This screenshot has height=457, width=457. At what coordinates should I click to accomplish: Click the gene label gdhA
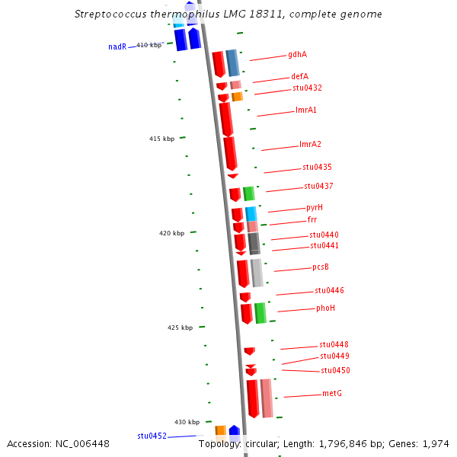(297, 55)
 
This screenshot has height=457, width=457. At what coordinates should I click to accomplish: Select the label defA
(299, 77)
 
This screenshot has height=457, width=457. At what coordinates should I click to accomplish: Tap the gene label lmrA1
(306, 110)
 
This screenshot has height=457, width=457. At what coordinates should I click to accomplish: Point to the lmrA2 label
(310, 145)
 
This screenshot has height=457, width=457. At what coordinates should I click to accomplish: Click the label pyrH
(315, 207)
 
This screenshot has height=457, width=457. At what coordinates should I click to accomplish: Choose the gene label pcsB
(321, 267)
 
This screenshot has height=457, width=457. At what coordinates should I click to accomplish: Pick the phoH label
(325, 308)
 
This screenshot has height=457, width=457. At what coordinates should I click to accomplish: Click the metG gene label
(331, 393)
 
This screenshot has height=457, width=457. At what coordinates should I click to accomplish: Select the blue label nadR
(117, 47)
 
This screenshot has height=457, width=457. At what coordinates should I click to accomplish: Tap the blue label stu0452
(152, 436)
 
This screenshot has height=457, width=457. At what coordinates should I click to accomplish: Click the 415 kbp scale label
(162, 139)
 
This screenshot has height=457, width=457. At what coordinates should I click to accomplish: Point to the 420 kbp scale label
(172, 233)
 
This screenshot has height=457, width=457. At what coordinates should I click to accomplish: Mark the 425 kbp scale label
(181, 328)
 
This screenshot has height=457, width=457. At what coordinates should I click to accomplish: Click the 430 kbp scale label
(187, 422)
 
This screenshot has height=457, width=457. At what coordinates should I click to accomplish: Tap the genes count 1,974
(436, 443)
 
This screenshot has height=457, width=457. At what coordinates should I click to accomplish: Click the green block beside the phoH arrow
(260, 313)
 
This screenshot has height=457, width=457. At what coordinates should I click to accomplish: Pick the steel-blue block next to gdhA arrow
(232, 62)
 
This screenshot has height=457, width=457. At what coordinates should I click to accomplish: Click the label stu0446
(329, 290)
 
